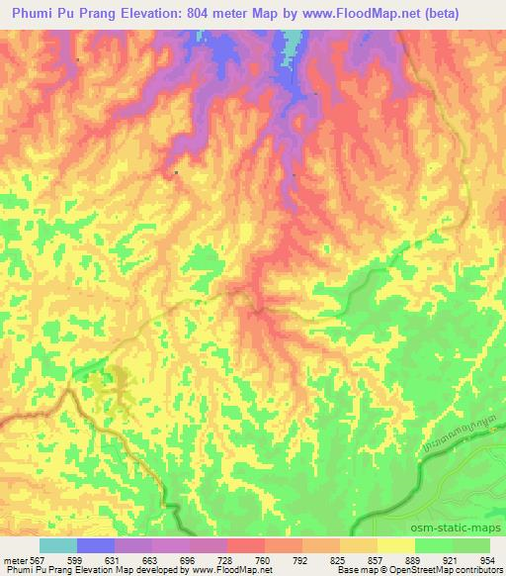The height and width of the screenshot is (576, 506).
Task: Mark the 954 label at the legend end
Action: pos(489,560)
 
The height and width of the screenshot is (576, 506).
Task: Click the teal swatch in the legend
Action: pos(58,545)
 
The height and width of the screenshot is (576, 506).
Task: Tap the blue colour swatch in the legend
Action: pos(96,545)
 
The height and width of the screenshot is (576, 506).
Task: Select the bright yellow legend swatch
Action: pos(395,545)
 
